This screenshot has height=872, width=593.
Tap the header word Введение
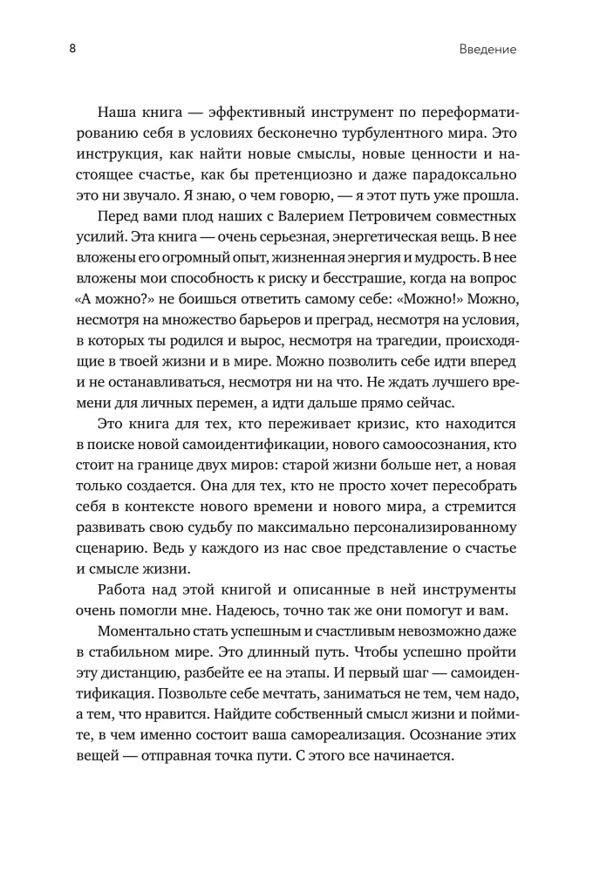487,50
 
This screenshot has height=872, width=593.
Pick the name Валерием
305,215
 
